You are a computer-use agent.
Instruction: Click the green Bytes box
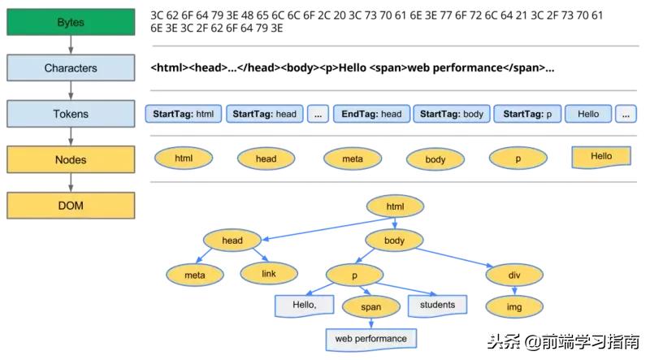click(70, 23)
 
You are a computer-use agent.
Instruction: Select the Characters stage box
click(70, 68)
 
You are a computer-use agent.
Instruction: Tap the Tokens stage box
click(70, 114)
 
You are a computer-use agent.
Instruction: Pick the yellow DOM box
click(70, 206)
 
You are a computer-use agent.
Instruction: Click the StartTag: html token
click(183, 115)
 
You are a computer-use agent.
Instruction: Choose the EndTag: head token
click(371, 115)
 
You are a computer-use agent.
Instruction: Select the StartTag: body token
click(451, 115)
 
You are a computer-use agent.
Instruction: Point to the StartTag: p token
click(526, 115)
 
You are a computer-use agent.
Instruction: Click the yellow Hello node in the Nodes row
click(601, 157)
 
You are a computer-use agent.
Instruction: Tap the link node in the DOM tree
click(269, 274)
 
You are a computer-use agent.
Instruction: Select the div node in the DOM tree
click(514, 275)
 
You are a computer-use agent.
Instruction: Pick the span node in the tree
click(370, 307)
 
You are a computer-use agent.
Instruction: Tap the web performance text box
click(371, 338)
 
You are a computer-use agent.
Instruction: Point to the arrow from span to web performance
click(370, 323)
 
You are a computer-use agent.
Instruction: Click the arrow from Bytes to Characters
click(70, 46)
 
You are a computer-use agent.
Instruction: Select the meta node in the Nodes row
click(353, 159)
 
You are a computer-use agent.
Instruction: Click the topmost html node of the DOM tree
click(395, 207)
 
